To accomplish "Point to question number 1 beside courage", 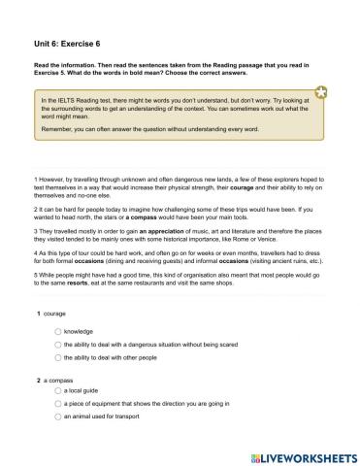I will pyautogui.click(x=39, y=315).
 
